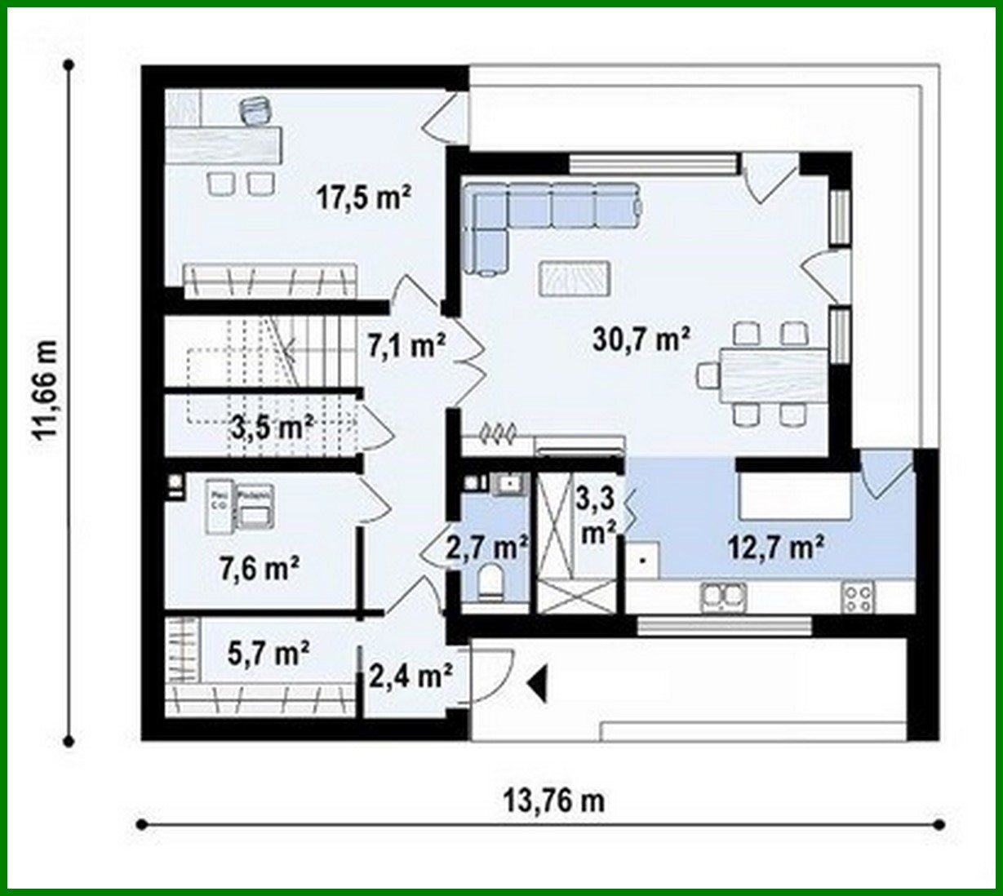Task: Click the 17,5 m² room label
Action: click(x=363, y=197)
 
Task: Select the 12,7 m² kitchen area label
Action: click(x=774, y=548)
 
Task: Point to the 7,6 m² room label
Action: click(x=259, y=567)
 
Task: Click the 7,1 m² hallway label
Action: click(x=405, y=346)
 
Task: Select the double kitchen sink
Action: click(x=722, y=597)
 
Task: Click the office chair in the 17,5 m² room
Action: click(x=256, y=110)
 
